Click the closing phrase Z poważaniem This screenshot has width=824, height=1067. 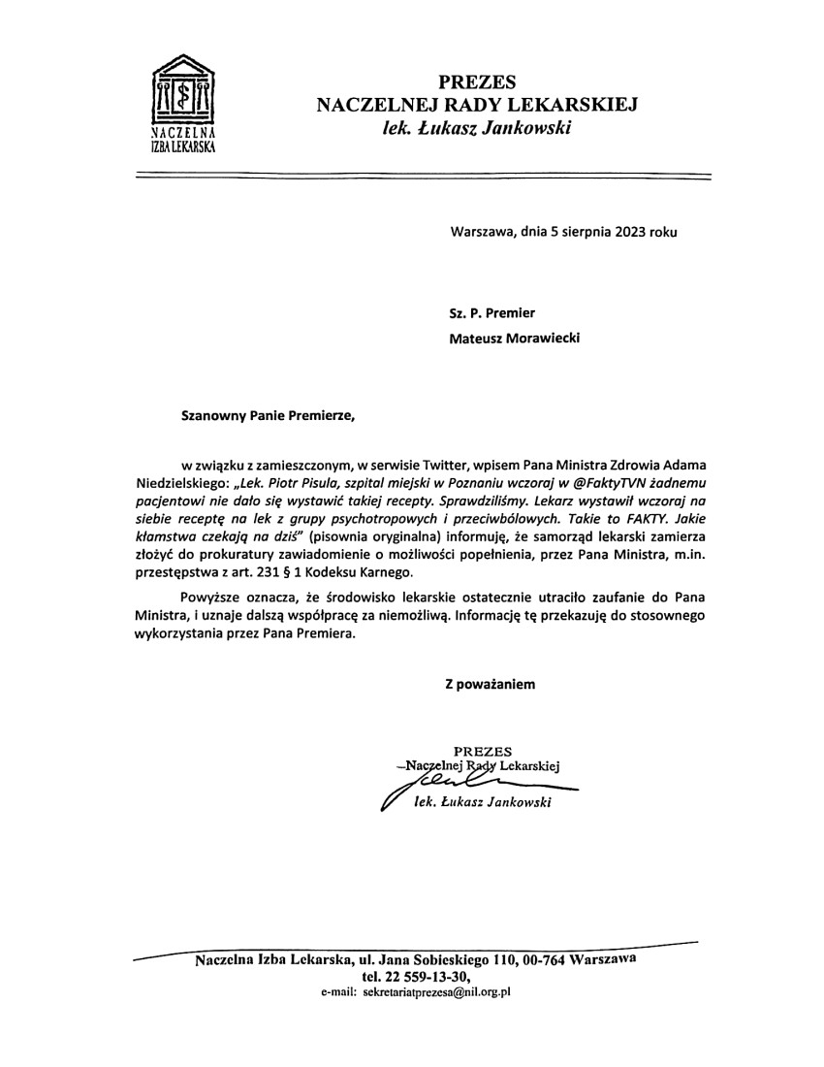click(490, 684)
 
